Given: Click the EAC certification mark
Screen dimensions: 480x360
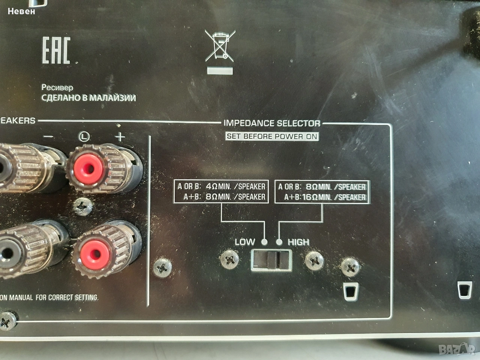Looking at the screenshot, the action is (56, 50).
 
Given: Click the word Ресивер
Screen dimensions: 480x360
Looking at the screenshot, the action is (57, 88).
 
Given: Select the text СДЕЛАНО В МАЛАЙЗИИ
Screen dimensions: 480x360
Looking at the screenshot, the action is (88, 98).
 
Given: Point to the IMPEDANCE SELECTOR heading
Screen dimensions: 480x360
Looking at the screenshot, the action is (272, 123).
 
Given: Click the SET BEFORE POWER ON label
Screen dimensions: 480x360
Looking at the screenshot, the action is (272, 136).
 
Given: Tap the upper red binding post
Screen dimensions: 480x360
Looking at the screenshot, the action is (88, 169).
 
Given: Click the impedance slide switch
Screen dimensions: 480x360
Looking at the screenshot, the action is (271, 261).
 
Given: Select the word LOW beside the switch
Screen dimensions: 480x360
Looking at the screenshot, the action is (245, 242).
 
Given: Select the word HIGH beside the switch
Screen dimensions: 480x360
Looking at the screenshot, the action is (298, 242).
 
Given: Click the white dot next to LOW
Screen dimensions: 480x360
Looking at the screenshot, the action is (264, 242).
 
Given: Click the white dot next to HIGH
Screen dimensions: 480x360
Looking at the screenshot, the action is (279, 242).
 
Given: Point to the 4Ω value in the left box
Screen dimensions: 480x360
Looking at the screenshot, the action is (211, 186).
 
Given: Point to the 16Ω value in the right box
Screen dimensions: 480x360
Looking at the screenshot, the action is (310, 197).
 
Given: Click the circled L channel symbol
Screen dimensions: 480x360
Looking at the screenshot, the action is (84, 136).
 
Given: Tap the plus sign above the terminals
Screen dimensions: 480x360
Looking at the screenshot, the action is (120, 137).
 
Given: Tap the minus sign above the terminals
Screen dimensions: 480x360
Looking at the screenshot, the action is (48, 136).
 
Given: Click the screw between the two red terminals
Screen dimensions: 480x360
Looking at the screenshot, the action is (82, 207).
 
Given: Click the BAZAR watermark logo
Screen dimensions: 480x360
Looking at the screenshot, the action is (457, 349).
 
